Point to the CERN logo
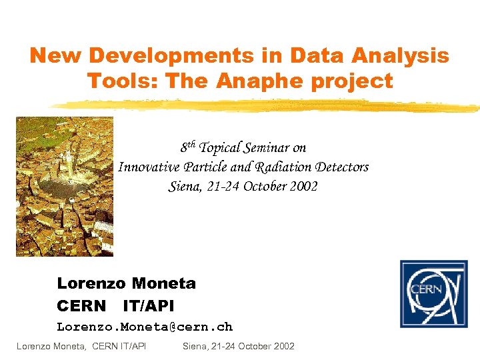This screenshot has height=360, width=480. click(x=433, y=293)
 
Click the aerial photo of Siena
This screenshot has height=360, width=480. click(x=65, y=187)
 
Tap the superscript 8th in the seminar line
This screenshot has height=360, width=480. click(x=188, y=147)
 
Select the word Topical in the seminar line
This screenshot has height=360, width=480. click(x=223, y=148)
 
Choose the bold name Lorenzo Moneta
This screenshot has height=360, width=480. click(x=126, y=283)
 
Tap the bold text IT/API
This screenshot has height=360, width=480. click(x=148, y=306)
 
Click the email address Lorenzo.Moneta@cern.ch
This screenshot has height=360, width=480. click(x=145, y=327)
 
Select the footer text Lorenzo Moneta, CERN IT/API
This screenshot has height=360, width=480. click(x=81, y=346)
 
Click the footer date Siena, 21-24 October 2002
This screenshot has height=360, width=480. click(x=238, y=346)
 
